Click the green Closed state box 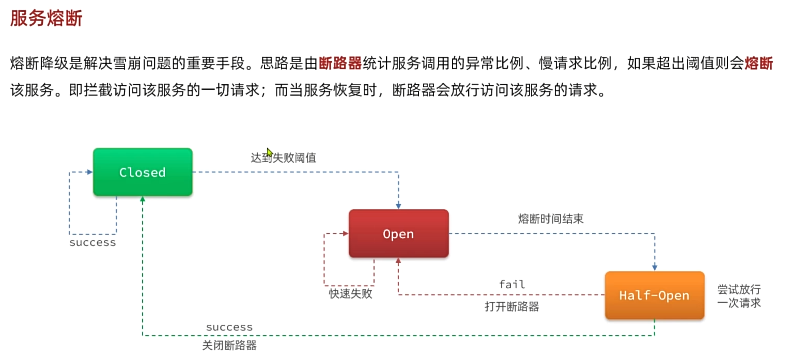pyautogui.click(x=143, y=172)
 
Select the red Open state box pyautogui.click(x=398, y=233)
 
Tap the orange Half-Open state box pyautogui.click(x=654, y=295)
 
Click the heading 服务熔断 pyautogui.click(x=46, y=19)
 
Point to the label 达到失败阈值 pyautogui.click(x=283, y=158)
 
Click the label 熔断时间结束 pyautogui.click(x=551, y=219)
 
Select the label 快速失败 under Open pyautogui.click(x=350, y=294)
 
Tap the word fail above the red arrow pyautogui.click(x=512, y=284)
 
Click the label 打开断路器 pyautogui.click(x=512, y=307)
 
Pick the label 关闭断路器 pyautogui.click(x=229, y=346)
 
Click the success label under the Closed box pyautogui.click(x=92, y=242)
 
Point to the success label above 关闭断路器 pyautogui.click(x=229, y=327)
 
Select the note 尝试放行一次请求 pyautogui.click(x=739, y=296)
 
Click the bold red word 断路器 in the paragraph pyautogui.click(x=340, y=64)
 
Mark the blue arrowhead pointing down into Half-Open pyautogui.click(x=655, y=268)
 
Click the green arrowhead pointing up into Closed pyautogui.click(x=143, y=199)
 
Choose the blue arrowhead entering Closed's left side pyautogui.click(x=90, y=172)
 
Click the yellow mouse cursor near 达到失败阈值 pyautogui.click(x=269, y=152)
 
